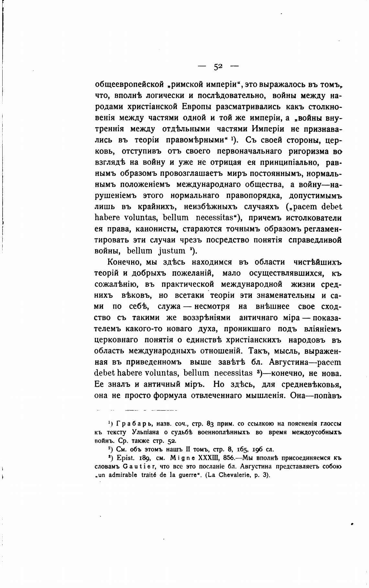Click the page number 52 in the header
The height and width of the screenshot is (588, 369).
218,67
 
